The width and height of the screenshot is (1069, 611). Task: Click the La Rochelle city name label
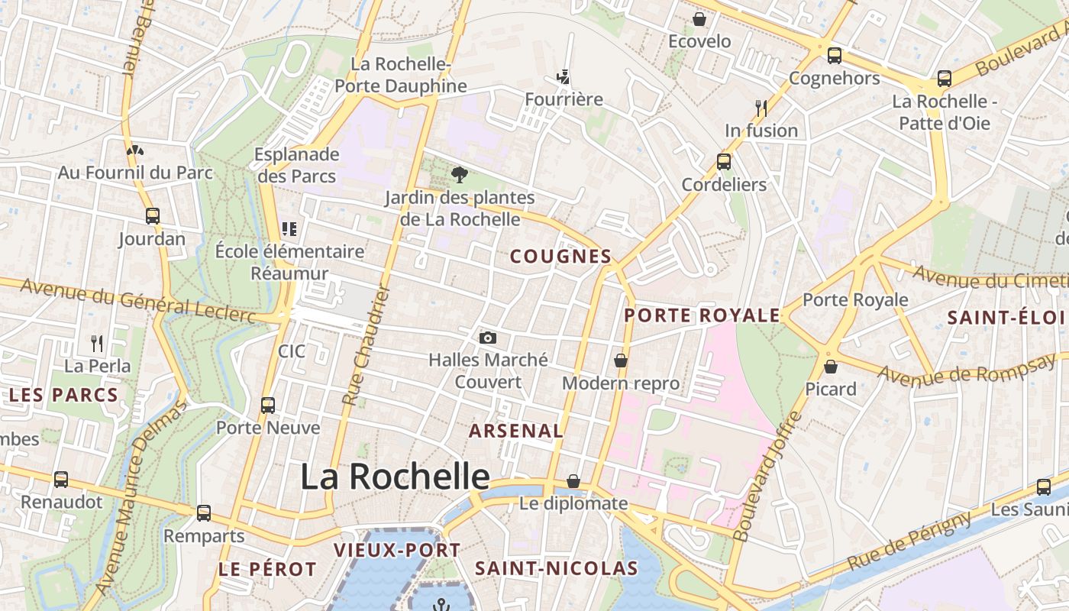395,477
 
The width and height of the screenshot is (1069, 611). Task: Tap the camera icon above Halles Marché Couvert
488,338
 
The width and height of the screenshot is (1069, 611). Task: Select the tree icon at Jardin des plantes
459,175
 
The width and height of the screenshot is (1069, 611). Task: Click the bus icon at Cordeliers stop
723,162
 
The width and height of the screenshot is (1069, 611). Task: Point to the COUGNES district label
560,257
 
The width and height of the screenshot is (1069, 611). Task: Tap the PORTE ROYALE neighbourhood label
702,315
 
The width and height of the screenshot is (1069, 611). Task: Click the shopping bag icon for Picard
831,367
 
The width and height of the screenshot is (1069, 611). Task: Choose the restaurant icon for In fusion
761,108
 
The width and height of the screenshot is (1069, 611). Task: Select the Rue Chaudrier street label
367,346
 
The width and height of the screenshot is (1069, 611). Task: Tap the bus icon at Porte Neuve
267,406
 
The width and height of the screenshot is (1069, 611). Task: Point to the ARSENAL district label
515,431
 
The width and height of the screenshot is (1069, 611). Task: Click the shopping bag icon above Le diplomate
573,481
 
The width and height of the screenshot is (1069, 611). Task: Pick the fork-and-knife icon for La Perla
97,343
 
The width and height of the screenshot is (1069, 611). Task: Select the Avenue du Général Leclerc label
137,300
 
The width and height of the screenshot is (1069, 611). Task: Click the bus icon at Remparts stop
203,513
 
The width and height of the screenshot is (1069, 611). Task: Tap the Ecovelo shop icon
699,19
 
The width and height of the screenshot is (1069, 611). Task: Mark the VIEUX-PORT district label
397,550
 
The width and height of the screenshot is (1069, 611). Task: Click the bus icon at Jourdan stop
153,216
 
